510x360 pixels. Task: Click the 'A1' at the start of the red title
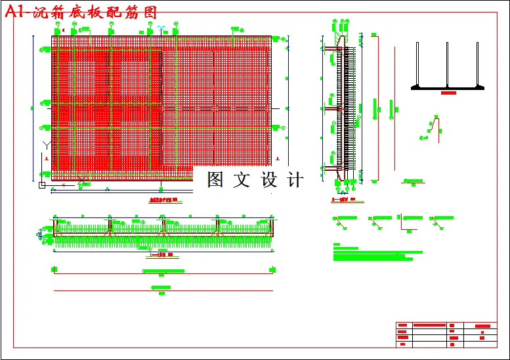coord(15,12)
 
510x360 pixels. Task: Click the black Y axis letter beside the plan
coord(45,145)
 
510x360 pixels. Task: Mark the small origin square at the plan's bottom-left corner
coord(42,186)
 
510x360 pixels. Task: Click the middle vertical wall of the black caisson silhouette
coord(448,64)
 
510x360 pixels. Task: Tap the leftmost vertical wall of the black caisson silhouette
coord(418,64)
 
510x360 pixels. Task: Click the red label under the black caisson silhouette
coord(448,93)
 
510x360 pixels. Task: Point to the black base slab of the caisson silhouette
coord(448,87)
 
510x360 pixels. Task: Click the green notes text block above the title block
coord(377,252)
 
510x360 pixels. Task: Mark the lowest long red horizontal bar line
coord(163,291)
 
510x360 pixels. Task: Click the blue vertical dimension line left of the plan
coord(33,108)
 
